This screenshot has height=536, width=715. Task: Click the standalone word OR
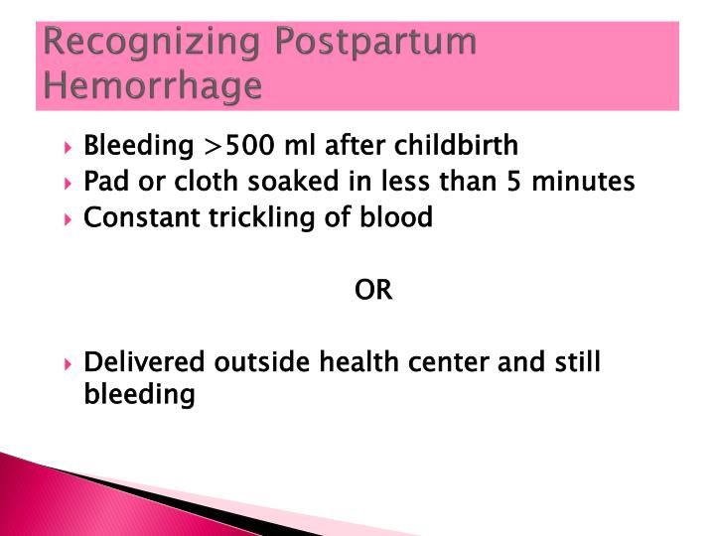point(373,291)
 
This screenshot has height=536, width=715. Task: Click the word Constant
point(130,218)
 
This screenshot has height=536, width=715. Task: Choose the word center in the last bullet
point(445,362)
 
